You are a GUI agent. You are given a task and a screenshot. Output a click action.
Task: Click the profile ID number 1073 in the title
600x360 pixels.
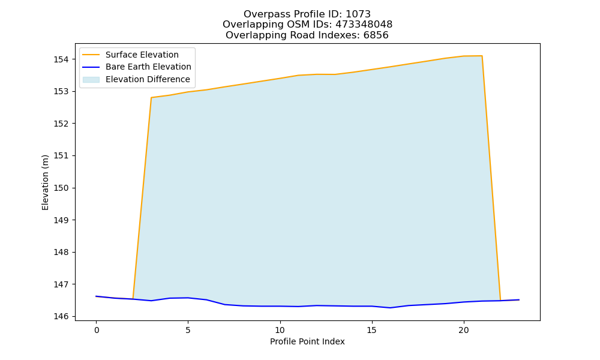pyautogui.click(x=358, y=14)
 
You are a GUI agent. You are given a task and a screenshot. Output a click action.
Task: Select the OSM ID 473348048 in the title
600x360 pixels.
pyautogui.click(x=364, y=25)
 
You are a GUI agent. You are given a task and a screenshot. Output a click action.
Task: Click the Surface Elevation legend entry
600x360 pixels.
pyautogui.click(x=131, y=55)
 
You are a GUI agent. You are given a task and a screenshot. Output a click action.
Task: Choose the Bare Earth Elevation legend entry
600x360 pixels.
pyautogui.click(x=137, y=67)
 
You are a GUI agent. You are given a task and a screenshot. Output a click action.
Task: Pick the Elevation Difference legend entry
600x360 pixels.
pyautogui.click(x=137, y=80)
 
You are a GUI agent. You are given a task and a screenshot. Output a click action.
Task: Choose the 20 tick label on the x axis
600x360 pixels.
pyautogui.click(x=464, y=330)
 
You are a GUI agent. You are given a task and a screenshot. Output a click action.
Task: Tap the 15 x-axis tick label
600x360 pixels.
pyautogui.click(x=372, y=330)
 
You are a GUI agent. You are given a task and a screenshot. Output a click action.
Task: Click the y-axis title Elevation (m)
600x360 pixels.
pyautogui.click(x=45, y=182)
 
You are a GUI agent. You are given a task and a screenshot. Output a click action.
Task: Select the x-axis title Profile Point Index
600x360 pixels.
pyautogui.click(x=307, y=341)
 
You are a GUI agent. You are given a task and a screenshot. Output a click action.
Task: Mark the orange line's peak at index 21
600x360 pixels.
pyautogui.click(x=482, y=56)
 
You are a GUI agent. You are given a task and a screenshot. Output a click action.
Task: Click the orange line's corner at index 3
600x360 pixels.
pyautogui.click(x=152, y=98)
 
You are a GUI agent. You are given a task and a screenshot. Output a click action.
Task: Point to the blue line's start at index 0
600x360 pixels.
pyautogui.click(x=97, y=296)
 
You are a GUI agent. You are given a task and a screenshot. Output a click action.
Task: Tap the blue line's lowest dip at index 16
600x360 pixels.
pyautogui.click(x=391, y=308)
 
